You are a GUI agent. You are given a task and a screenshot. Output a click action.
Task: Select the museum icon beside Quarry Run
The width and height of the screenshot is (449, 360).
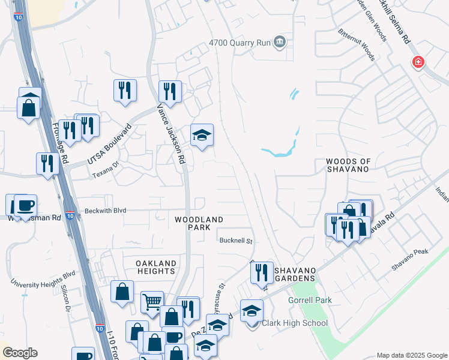(280, 42)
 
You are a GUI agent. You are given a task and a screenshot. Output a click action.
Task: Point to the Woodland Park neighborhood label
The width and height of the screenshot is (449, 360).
(199, 224)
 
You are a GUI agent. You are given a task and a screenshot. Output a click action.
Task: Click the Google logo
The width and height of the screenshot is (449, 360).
(20, 353)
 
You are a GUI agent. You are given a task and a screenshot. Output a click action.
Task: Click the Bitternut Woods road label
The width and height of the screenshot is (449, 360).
(356, 46)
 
